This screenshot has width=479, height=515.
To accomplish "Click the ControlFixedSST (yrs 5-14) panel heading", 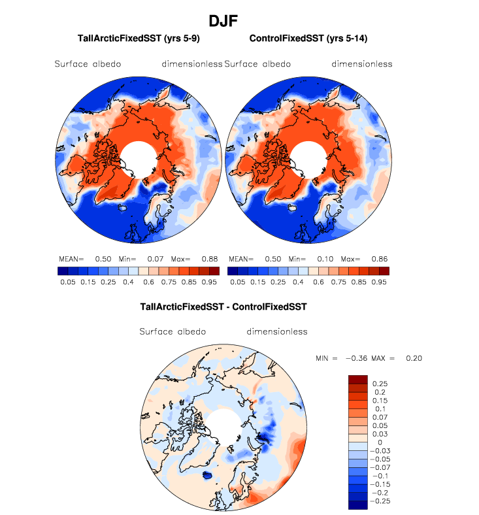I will pyautogui.click(x=308, y=39).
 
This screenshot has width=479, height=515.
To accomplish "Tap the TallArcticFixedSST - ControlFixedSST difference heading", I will pyautogui.click(x=223, y=305).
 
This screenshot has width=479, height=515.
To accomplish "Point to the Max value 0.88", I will pyautogui.click(x=209, y=259).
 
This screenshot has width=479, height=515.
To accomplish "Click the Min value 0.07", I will pyautogui.click(x=155, y=259).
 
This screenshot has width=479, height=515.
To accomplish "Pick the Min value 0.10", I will pyautogui.click(x=325, y=259).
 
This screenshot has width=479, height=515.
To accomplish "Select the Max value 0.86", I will pyautogui.click(x=379, y=259).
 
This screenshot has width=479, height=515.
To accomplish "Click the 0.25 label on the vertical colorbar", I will pyautogui.click(x=380, y=383).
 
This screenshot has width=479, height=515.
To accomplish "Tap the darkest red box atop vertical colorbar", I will pyautogui.click(x=357, y=379).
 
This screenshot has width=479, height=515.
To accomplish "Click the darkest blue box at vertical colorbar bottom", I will pyautogui.click(x=357, y=505).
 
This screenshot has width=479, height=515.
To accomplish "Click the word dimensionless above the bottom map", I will pyautogui.click(x=277, y=331).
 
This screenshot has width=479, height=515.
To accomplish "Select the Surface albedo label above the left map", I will pyautogui.click(x=88, y=64).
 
